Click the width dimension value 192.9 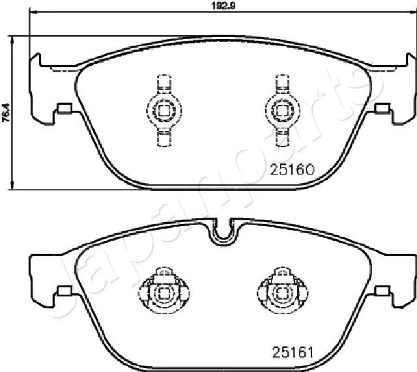tap(223, 6)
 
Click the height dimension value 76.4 tap(6, 113)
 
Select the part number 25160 tap(292, 169)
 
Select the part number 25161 tap(293, 352)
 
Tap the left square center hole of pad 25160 tap(164, 110)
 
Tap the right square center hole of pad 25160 tap(282, 110)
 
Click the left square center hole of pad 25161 tap(164, 294)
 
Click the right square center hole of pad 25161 tap(282, 294)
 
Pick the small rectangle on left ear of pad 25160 tap(65, 108)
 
